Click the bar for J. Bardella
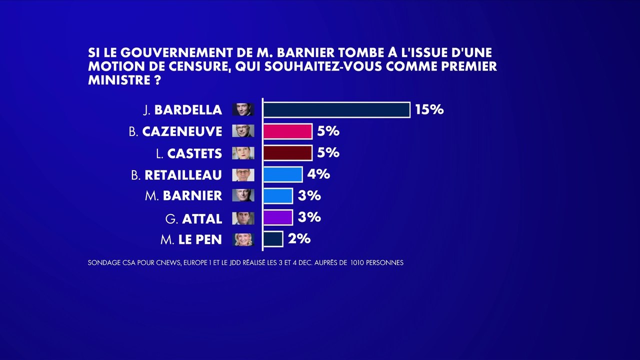(336, 109)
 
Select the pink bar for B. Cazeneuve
(287, 131)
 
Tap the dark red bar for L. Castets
(287, 152)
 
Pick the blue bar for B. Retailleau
(282, 174)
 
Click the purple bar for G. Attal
(277, 217)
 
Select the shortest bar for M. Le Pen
(273, 239)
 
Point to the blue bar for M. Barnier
(277, 195)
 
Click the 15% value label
(429, 109)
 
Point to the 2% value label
(299, 239)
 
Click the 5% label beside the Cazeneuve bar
(328, 131)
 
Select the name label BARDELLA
(188, 109)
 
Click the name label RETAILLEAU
(183, 175)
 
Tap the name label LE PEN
(200, 240)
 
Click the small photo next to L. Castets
(243, 153)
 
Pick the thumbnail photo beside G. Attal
(243, 218)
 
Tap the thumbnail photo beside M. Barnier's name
(243, 195)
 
